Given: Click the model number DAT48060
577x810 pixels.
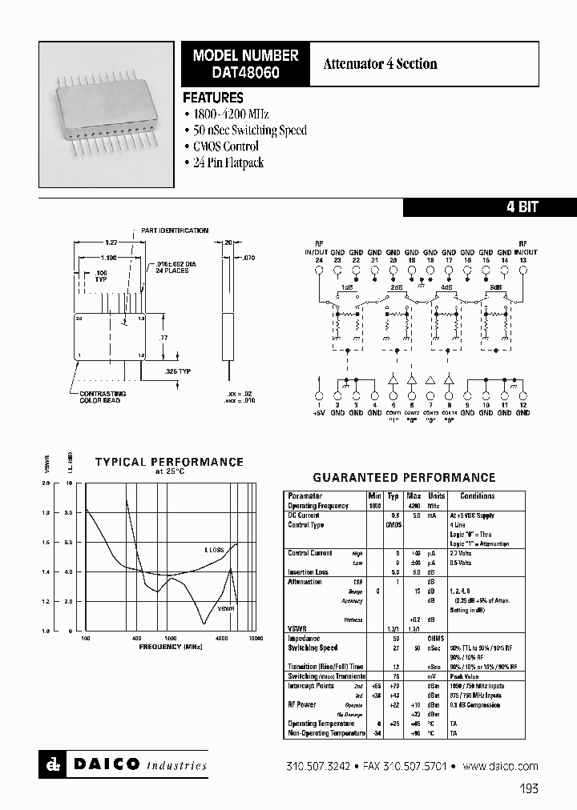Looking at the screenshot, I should pyautogui.click(x=245, y=70).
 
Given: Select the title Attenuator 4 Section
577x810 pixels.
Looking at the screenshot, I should pyautogui.click(x=381, y=64).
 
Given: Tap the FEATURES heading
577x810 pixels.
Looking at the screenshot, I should pyautogui.click(x=213, y=98).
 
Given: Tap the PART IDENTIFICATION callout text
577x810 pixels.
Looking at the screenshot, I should pyautogui.click(x=175, y=231).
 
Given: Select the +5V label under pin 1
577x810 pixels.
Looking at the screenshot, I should pyautogui.click(x=319, y=413).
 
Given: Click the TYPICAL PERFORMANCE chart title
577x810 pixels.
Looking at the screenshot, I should pyautogui.click(x=169, y=462).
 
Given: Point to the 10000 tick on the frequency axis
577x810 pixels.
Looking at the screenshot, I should pyautogui.click(x=255, y=638).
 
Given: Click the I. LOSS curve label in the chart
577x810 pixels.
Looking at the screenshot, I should pyautogui.click(x=212, y=550).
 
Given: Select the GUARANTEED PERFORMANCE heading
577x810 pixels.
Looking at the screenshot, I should pyautogui.click(x=404, y=477).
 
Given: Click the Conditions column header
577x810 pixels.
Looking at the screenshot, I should pyautogui.click(x=478, y=496).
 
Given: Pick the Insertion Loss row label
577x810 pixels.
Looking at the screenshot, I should pyautogui.click(x=309, y=572).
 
